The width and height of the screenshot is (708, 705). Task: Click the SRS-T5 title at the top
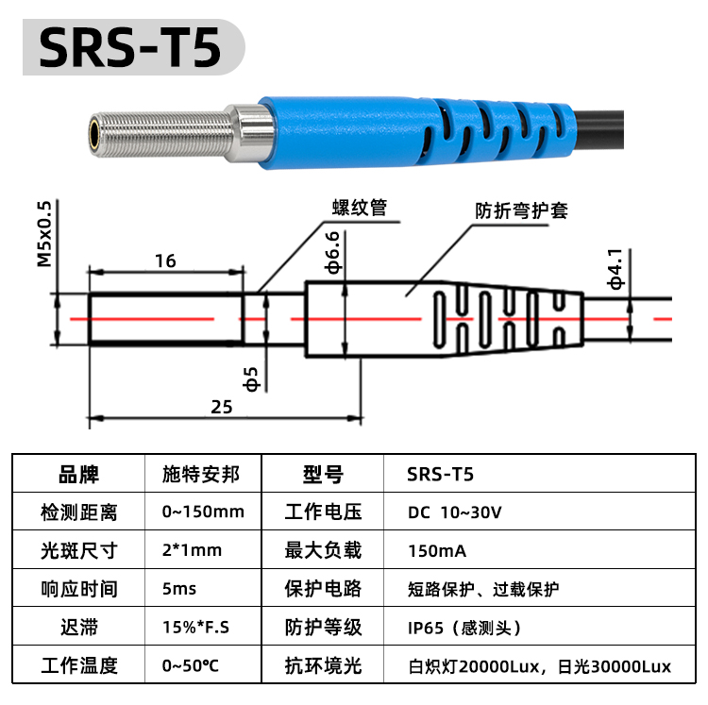click(130, 47)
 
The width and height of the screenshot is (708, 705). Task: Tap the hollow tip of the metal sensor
click(94, 134)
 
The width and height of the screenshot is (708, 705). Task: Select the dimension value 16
click(165, 260)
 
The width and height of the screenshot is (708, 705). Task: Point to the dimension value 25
click(222, 407)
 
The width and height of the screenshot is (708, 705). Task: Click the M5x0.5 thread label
click(44, 234)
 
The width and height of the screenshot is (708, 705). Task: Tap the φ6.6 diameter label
click(332, 253)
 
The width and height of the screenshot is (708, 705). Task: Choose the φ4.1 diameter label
click(615, 269)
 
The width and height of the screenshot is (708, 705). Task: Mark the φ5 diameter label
click(250, 378)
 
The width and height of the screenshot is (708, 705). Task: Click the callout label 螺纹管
click(360, 208)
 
